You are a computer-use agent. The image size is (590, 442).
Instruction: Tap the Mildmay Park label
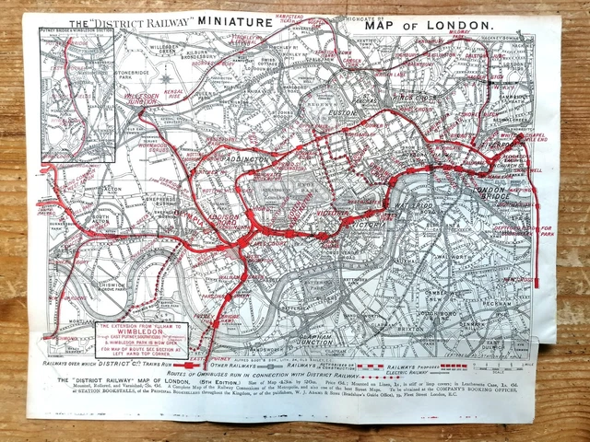(x=458, y=42)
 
